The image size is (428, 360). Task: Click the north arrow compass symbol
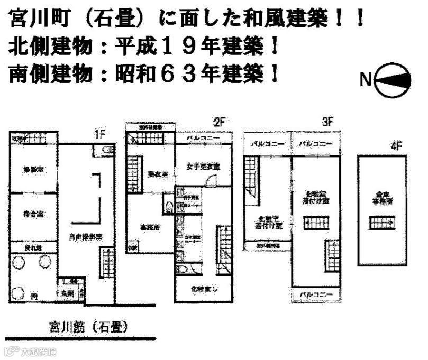(x=391, y=80)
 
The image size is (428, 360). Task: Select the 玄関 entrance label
(x=67, y=291)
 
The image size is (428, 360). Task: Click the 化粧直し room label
(x=203, y=289)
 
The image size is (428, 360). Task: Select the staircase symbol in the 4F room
(x=381, y=224)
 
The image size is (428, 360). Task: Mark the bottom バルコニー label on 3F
(x=315, y=294)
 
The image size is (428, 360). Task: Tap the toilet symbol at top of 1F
(x=105, y=152)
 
